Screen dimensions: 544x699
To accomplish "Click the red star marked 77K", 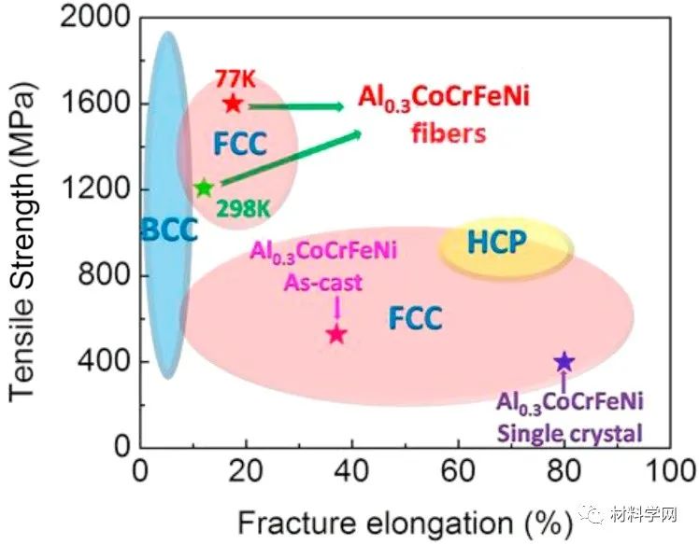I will coord(233,104).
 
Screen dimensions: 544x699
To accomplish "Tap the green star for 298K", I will coord(204,188).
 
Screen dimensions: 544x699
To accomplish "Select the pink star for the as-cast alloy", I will coord(336,333).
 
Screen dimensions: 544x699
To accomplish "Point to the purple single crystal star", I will coord(563,362).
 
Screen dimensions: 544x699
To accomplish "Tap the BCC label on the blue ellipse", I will coord(169,230).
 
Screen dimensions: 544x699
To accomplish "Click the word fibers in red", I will coord(449,133).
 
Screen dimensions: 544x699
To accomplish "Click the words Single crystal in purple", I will coord(570,432).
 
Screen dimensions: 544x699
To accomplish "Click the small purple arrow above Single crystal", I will coord(563,384).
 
